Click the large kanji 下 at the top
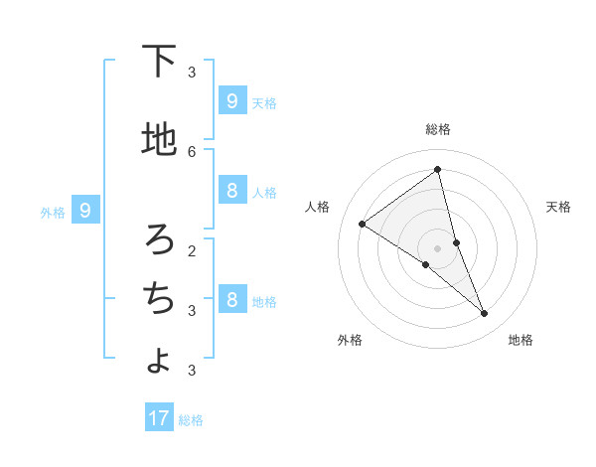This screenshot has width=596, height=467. pos(159,62)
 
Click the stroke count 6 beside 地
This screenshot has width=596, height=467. pos(192,151)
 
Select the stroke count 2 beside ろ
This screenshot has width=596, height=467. pos(192,249)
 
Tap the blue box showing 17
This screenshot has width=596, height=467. pos(159,418)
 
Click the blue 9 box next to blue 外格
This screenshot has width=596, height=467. pos(85,211)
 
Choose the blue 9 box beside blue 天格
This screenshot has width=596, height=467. pos(231,101)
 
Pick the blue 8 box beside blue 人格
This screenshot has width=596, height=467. pos(231,191)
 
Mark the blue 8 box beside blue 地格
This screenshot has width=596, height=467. pos(231,300)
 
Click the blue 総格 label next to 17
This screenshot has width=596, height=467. pos(191,420)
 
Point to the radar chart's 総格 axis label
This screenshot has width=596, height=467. pos(438,129)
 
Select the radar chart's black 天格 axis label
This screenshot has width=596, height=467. pos(558,207)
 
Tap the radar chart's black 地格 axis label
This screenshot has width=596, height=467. pos(521,340)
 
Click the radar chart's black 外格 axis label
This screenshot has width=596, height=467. pos(350,340)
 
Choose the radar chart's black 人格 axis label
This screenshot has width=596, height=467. pos(318,207)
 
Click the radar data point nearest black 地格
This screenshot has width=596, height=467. pos(485,313)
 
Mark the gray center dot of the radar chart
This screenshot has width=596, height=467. pos(438,247)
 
